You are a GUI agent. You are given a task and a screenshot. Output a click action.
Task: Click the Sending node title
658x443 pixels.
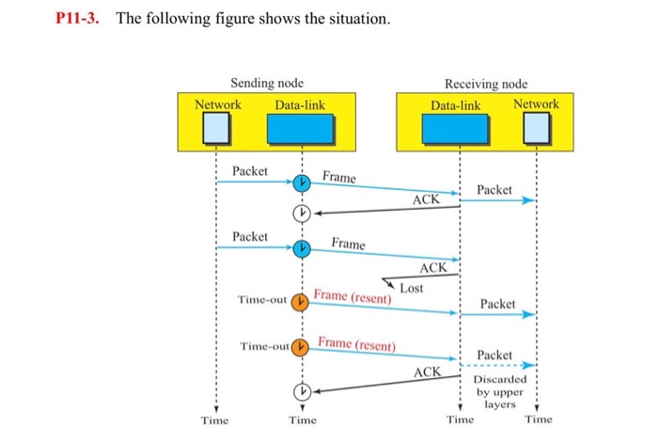(x=267, y=84)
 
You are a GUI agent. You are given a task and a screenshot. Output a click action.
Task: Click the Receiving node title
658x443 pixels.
(x=485, y=84)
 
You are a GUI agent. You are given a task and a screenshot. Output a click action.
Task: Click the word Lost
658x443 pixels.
(x=412, y=287)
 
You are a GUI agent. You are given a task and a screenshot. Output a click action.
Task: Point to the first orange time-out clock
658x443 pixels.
(x=301, y=301)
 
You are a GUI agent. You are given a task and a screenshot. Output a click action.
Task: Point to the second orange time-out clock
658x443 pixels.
(x=301, y=347)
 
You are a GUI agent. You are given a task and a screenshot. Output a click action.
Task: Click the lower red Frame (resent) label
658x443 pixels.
(x=357, y=342)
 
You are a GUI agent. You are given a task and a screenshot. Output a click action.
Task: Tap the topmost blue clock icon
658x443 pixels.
(x=301, y=183)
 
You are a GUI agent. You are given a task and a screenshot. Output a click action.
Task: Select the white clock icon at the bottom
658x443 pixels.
(x=301, y=391)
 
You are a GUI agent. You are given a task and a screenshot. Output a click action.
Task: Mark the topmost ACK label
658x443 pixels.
(x=426, y=199)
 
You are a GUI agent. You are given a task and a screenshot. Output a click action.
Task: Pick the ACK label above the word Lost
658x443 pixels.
(x=433, y=268)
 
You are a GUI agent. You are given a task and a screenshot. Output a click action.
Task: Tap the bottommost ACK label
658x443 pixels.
(x=428, y=373)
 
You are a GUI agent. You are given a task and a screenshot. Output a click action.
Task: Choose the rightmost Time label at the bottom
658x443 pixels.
(x=539, y=419)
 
